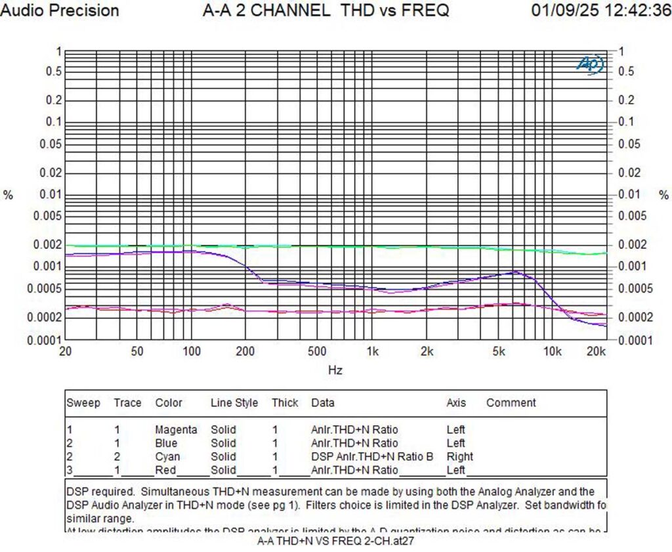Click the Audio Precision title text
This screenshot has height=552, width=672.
click(x=60, y=11)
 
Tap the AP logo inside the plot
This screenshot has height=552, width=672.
click(x=589, y=64)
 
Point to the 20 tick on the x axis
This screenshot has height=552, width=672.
click(x=65, y=351)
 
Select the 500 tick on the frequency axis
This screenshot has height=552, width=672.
click(x=318, y=351)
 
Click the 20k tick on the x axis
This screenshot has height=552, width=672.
click(x=595, y=351)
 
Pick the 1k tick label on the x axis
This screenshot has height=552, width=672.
click(x=372, y=351)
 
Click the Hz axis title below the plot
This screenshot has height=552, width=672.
click(x=335, y=370)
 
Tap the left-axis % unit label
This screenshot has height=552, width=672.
click(x=9, y=195)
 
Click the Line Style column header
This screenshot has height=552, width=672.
click(x=234, y=403)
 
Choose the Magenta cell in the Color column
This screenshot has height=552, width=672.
click(x=176, y=430)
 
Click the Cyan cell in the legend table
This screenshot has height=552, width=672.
click(x=167, y=456)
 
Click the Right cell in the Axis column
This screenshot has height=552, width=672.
click(x=460, y=456)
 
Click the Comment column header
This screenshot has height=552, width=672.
click(x=511, y=403)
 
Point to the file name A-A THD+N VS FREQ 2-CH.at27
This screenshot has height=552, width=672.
click(x=336, y=541)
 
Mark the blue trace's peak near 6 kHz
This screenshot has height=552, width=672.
click(x=516, y=271)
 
